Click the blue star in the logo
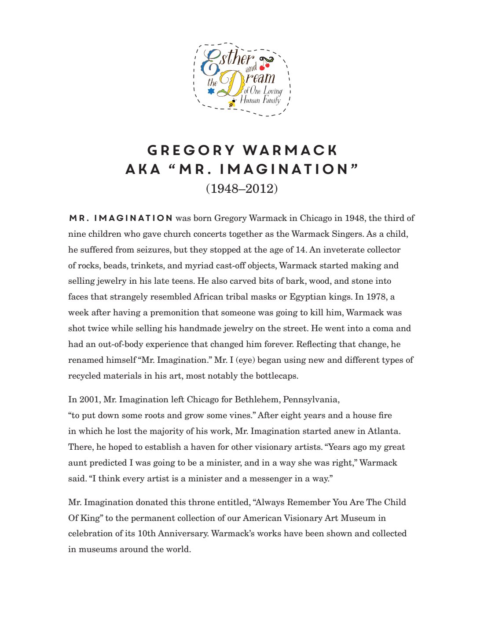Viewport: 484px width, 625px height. (211, 91)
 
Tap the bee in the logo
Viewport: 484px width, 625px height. (232, 104)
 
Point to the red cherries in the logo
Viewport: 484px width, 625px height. (264, 66)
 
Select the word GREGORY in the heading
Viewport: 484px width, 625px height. (191, 150)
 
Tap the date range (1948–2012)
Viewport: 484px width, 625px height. (242, 188)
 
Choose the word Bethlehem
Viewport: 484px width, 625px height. (257, 400)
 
